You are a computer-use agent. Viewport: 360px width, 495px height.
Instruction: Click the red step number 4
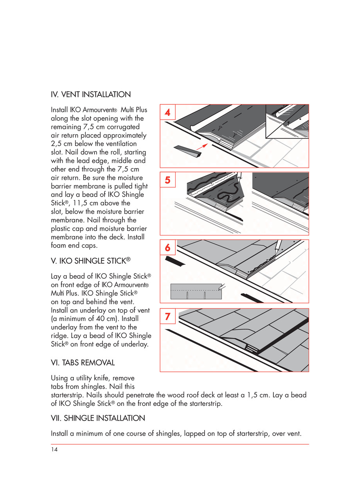pyautogui.click(x=167, y=113)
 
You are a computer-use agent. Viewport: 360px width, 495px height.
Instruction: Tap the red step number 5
pyautogui.click(x=167, y=180)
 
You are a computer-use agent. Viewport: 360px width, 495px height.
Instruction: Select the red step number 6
pyautogui.click(x=167, y=248)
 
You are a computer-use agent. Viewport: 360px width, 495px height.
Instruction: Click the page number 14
pyautogui.click(x=54, y=450)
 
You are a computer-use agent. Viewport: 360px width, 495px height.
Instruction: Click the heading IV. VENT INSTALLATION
pyautogui.click(x=91, y=95)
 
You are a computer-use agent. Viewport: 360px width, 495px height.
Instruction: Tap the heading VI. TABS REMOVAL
pyautogui.click(x=83, y=363)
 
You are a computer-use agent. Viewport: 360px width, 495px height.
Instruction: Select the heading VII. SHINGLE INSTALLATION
pyautogui.click(x=98, y=418)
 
